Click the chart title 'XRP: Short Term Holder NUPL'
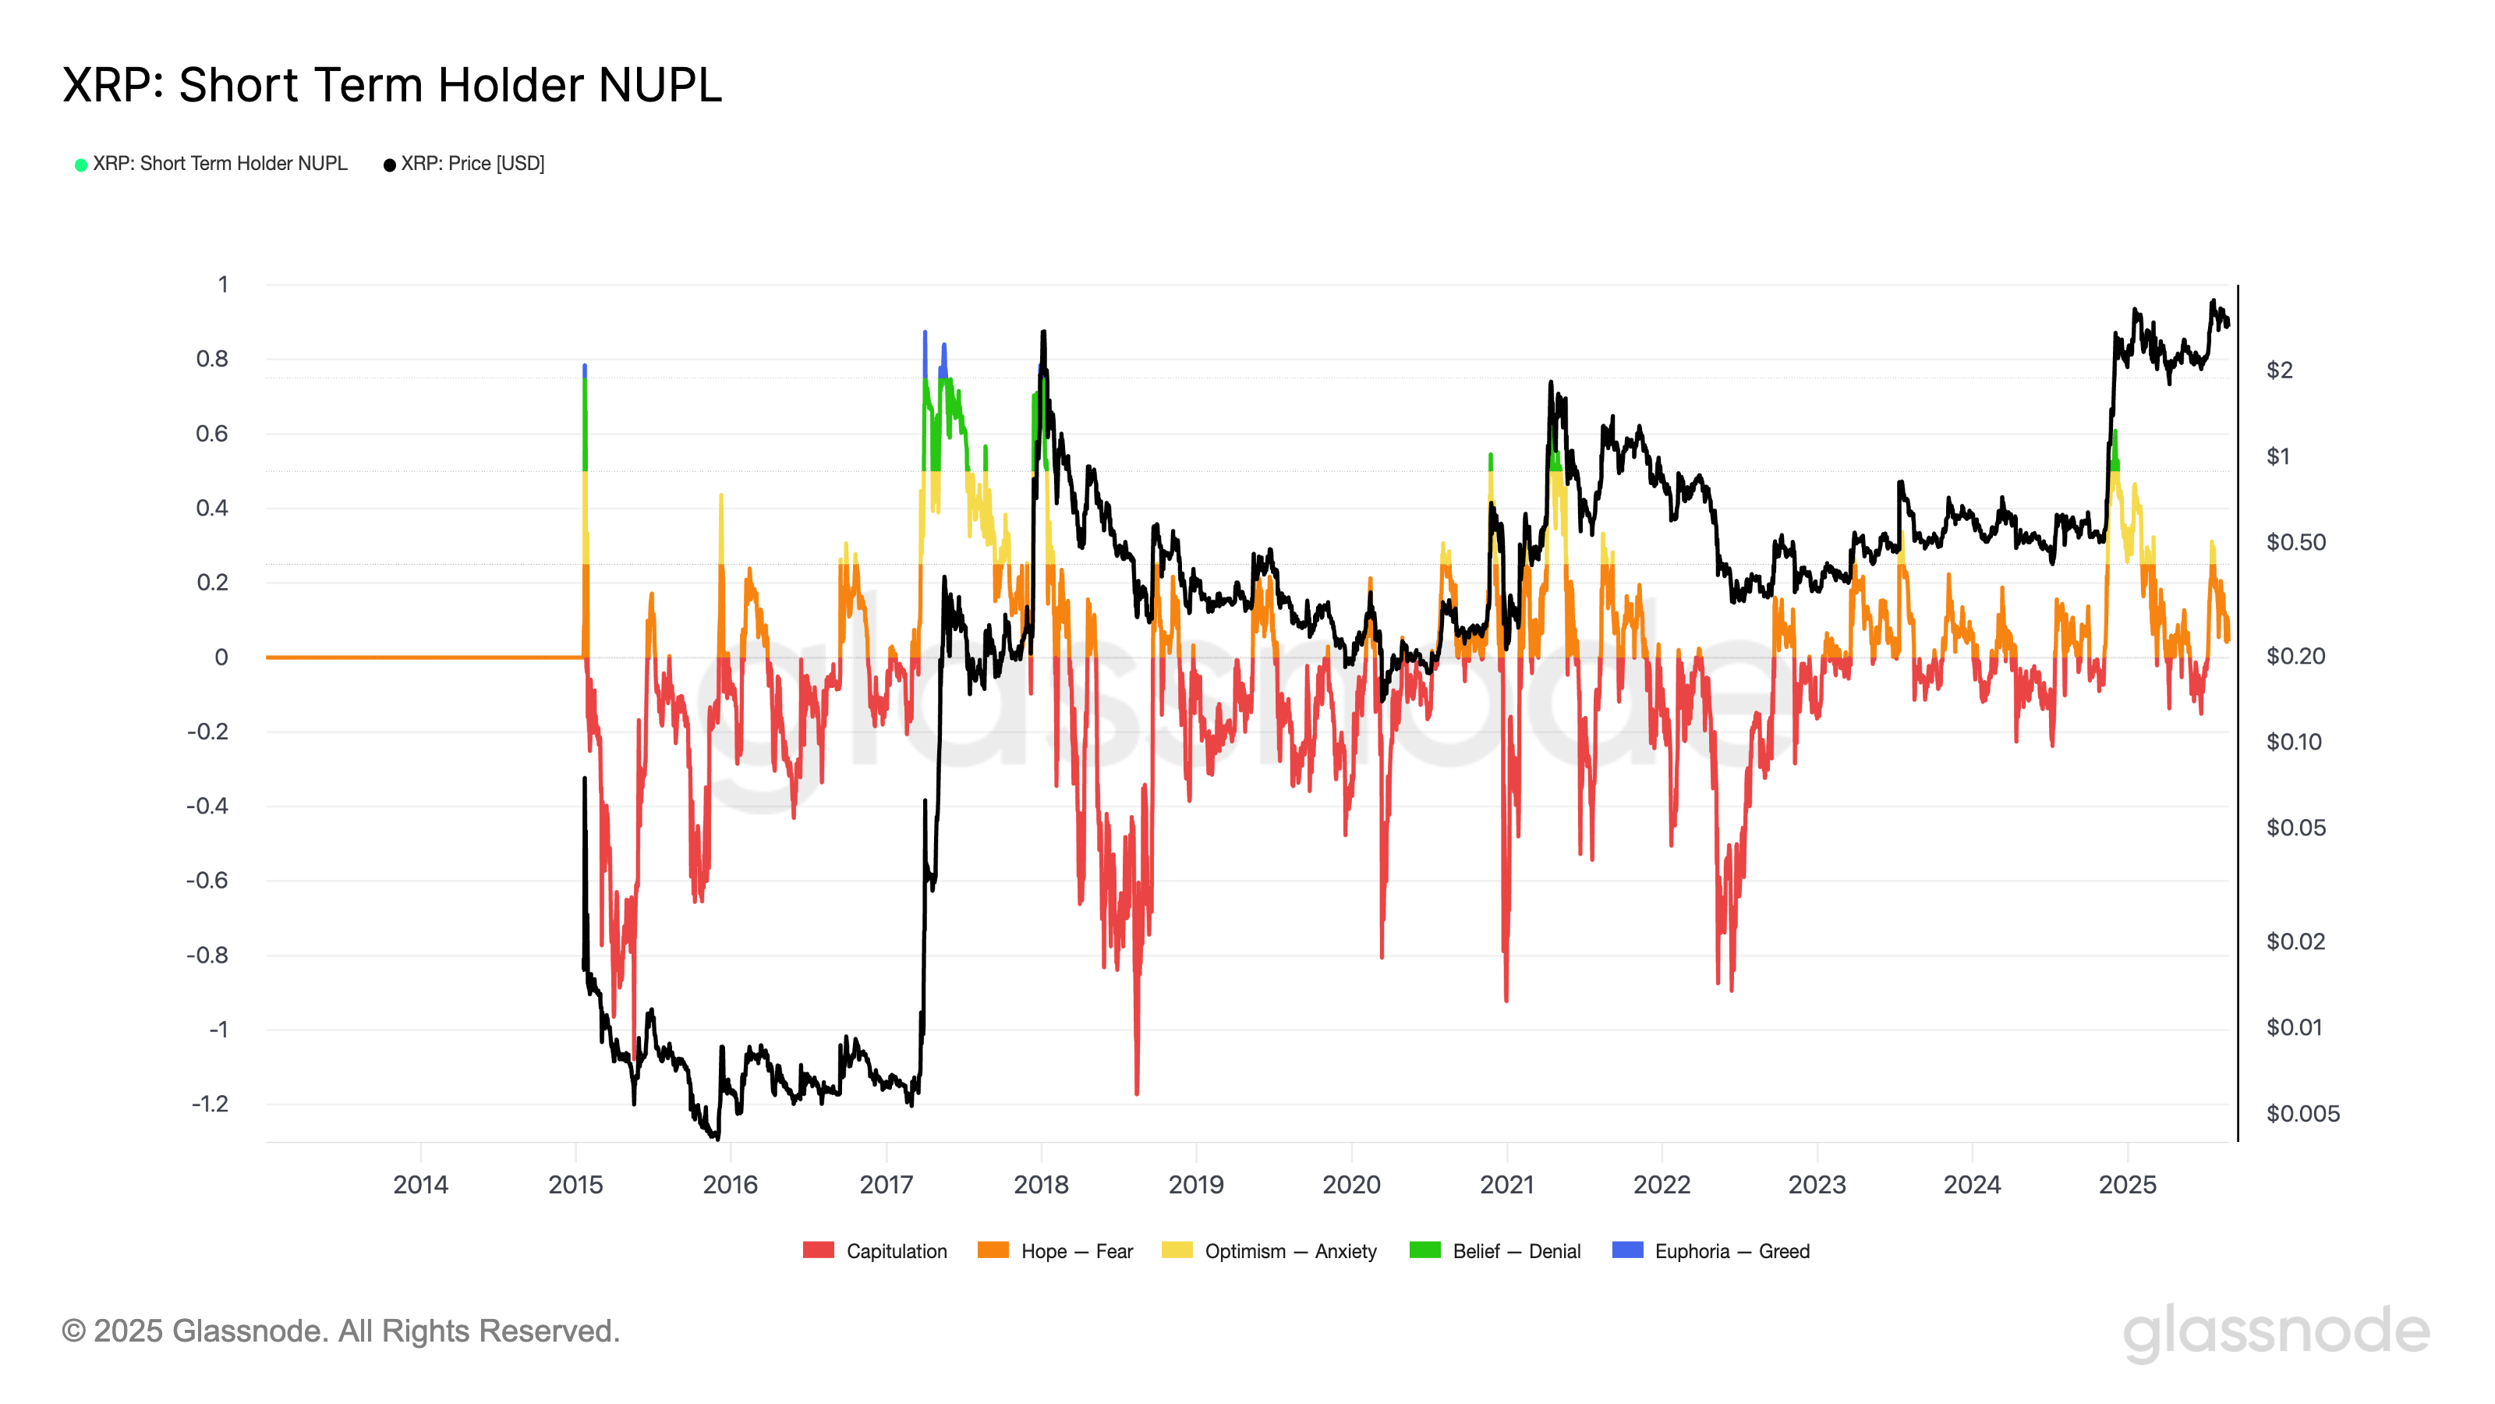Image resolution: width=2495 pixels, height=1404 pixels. [x=392, y=85]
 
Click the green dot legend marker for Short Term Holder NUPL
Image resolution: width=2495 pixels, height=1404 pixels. [x=81, y=165]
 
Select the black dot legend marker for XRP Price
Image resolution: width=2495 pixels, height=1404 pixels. [x=389, y=165]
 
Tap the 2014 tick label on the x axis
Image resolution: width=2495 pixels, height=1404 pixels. [x=420, y=1184]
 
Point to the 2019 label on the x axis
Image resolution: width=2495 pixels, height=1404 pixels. [x=1196, y=1184]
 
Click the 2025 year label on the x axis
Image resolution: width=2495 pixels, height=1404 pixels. [x=2127, y=1184]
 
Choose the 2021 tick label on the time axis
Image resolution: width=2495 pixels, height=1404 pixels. [x=1507, y=1184]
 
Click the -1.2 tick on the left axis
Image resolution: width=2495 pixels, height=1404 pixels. [x=211, y=1104]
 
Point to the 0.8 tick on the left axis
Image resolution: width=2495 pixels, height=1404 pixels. [x=212, y=359]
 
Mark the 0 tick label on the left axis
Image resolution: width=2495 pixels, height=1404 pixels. [x=221, y=657]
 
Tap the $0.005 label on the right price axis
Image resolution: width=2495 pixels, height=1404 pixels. [x=2302, y=1113]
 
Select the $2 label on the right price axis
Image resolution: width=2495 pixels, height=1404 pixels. [x=2279, y=370]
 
